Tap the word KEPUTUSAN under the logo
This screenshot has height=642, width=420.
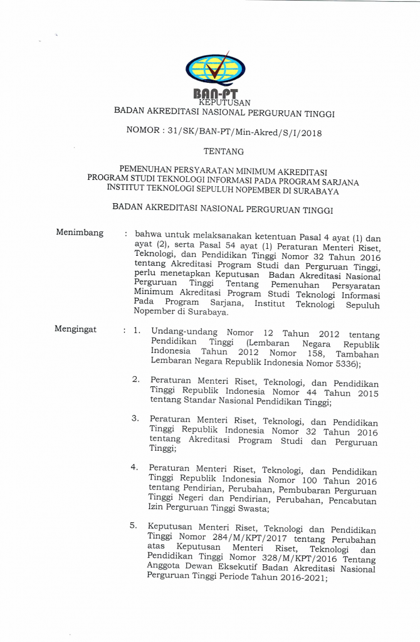tap(224, 102)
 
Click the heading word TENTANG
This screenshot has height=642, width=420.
tap(224, 151)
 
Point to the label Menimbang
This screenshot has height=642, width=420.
tap(80, 233)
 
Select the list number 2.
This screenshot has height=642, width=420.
tap(135, 379)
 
